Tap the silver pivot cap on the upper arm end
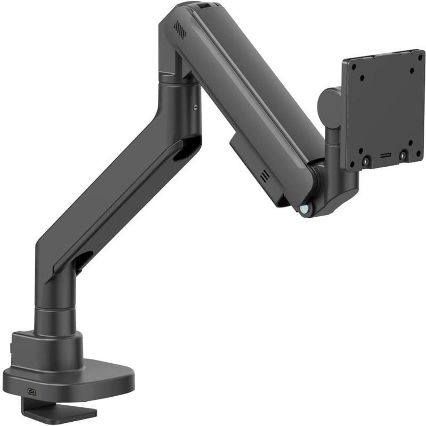tap(304, 210)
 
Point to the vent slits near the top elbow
tap(181, 30)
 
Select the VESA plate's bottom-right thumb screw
tap(403, 155)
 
